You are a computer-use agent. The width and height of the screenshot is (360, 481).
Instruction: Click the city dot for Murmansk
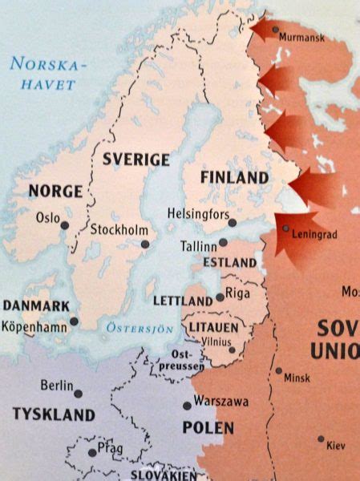[x=276, y=30]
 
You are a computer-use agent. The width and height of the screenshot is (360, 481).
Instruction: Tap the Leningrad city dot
[x=286, y=228]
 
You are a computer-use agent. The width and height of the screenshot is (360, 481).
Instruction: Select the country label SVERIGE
[x=136, y=160]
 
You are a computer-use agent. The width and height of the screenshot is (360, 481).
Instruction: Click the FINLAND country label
[x=234, y=177]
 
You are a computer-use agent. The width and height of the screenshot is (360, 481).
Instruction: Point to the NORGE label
[x=55, y=191]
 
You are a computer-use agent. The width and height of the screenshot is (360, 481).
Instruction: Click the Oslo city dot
[x=65, y=226]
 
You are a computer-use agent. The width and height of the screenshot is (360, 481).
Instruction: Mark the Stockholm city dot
[x=145, y=244]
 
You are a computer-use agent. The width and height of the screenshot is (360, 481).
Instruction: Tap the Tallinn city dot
[x=223, y=242]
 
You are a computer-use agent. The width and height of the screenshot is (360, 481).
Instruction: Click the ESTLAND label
[x=229, y=262]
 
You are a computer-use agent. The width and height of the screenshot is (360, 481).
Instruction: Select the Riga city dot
[x=220, y=297]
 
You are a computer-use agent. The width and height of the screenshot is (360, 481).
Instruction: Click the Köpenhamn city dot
[x=74, y=321]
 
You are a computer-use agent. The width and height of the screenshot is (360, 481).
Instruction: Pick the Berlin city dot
[x=78, y=393]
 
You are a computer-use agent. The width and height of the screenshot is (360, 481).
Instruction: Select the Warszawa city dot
[x=187, y=406]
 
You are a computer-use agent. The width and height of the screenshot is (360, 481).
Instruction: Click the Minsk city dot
[x=278, y=371]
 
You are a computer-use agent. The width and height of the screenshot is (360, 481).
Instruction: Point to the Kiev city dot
[x=320, y=439]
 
